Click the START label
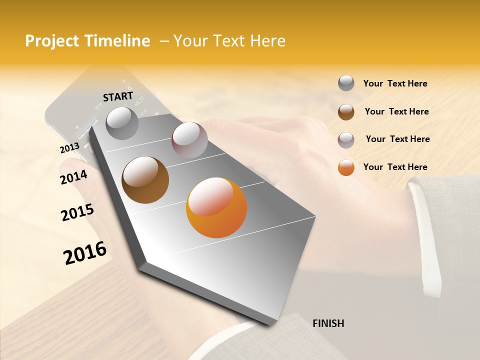[x=118, y=96]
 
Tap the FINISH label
[x=328, y=323]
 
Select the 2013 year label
[x=69, y=148]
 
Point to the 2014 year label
[x=73, y=177]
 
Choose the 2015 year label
[x=77, y=212]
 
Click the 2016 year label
[x=85, y=253]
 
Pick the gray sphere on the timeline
[x=122, y=123]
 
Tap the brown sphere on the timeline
[x=145, y=180]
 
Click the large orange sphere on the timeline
[x=216, y=207]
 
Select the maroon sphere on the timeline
[x=189, y=140]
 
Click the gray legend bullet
[x=346, y=83]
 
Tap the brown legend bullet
[x=346, y=112]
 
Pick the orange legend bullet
[x=346, y=167]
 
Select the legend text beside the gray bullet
[x=395, y=83]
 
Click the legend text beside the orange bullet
[x=395, y=167]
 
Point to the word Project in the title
[x=52, y=41]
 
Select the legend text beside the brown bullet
[x=396, y=111]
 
